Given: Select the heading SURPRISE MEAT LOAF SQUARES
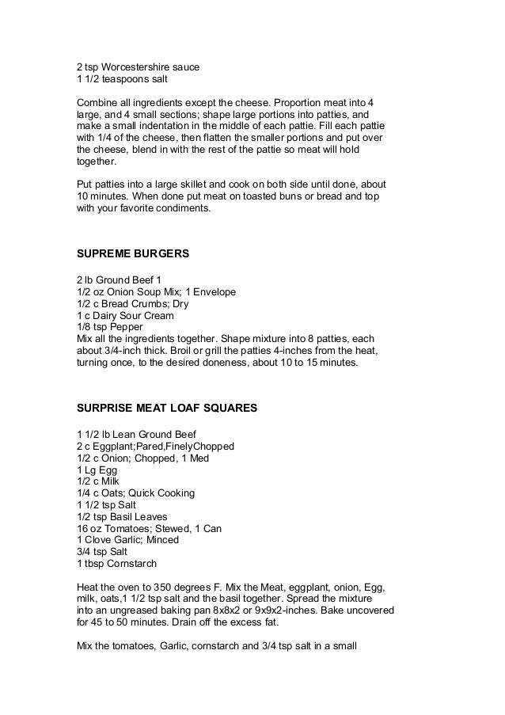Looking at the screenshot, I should click(x=166, y=409).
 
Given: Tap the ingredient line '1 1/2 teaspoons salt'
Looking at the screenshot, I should click(x=122, y=80).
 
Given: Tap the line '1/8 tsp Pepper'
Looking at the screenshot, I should click(x=109, y=326).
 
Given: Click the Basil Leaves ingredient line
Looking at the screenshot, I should click(x=122, y=516).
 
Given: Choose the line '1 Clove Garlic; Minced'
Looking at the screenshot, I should click(x=127, y=540).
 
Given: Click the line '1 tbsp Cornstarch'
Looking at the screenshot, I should click(x=117, y=564).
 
